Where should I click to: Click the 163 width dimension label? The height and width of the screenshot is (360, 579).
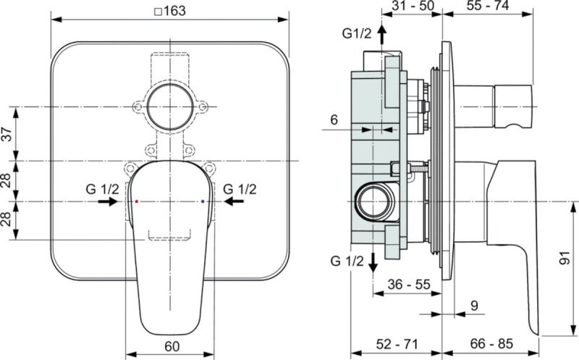pos(170,11)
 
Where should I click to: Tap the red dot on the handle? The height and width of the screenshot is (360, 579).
pos(136,201)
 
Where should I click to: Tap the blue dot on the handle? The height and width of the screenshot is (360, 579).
pos(203,201)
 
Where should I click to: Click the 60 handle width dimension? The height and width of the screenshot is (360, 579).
pos(172,346)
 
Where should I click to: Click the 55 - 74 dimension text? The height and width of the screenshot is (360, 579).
pos(487,5)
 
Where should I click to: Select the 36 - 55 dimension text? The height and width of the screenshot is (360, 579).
pos(409,284)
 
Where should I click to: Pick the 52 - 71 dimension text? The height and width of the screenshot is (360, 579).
pos(397,344)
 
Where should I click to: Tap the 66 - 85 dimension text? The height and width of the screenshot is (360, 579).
pos(491,344)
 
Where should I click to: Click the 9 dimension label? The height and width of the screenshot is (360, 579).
pos(475,306)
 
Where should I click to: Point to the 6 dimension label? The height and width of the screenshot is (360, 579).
pos(334,120)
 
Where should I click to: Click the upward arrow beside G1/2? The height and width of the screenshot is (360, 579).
pos(381,35)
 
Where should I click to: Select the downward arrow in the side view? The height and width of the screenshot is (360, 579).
pos(373,263)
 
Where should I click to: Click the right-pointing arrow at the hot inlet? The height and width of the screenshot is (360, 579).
pos(108,201)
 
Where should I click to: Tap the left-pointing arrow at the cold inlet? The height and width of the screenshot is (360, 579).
pos(234,201)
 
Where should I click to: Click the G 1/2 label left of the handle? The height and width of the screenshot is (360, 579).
pos(103,189)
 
